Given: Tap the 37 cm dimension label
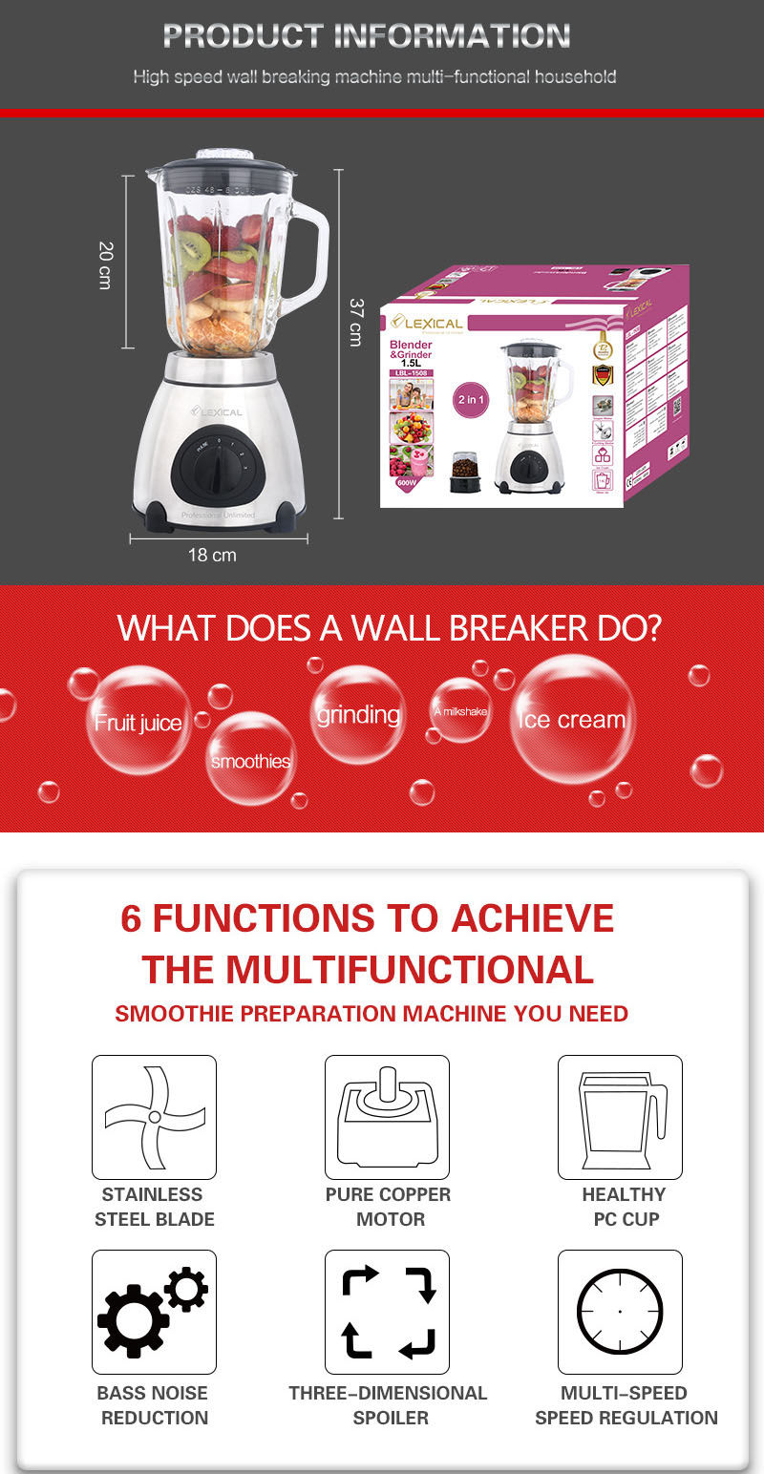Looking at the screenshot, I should tap(355, 322).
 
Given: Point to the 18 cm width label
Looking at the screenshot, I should tap(212, 555).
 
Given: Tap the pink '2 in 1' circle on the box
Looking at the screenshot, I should tap(472, 400).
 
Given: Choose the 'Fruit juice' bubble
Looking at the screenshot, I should tap(138, 721).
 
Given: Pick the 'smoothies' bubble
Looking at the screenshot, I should tap(250, 759).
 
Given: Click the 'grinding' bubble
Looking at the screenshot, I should tap(358, 714).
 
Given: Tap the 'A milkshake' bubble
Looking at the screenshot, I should tap(460, 710).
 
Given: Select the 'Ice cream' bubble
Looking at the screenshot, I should tap(572, 719).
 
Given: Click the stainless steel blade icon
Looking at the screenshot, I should tap(154, 1117).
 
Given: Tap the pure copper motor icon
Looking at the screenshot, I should tap(387, 1117).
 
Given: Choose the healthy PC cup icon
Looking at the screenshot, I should tap(620, 1117).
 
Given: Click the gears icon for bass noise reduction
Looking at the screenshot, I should tap(154, 1312).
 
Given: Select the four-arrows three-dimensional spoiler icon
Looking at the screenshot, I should tap(387, 1312).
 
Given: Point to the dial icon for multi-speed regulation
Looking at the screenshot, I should tap(620, 1312).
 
